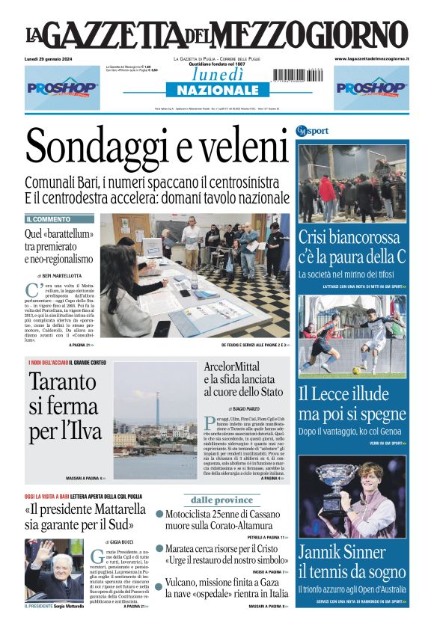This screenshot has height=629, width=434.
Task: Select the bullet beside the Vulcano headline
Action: click(x=159, y=582)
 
